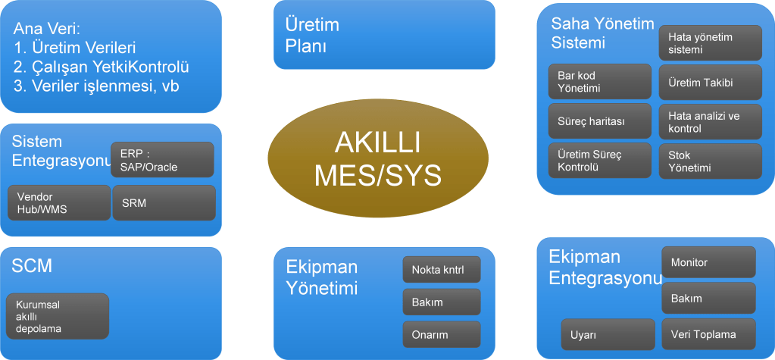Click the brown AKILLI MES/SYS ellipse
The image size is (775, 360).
tap(377, 158)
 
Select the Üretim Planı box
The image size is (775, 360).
tap(384, 35)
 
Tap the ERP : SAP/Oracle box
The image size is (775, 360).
tap(162, 159)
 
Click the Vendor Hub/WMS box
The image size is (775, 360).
tap(59, 202)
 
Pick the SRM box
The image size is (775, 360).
tap(164, 202)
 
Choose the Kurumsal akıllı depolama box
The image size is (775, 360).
tap(58, 316)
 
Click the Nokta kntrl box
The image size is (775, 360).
tap(442, 270)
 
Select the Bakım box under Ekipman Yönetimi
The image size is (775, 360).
tap(442, 302)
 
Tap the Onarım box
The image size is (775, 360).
tap(442, 334)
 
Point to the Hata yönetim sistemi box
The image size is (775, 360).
tap(710, 43)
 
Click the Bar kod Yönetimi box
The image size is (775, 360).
tap(599, 82)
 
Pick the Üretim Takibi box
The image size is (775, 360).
tap(710, 83)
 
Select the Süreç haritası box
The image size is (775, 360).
tap(599, 121)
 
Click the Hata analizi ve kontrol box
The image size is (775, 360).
tap(710, 122)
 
